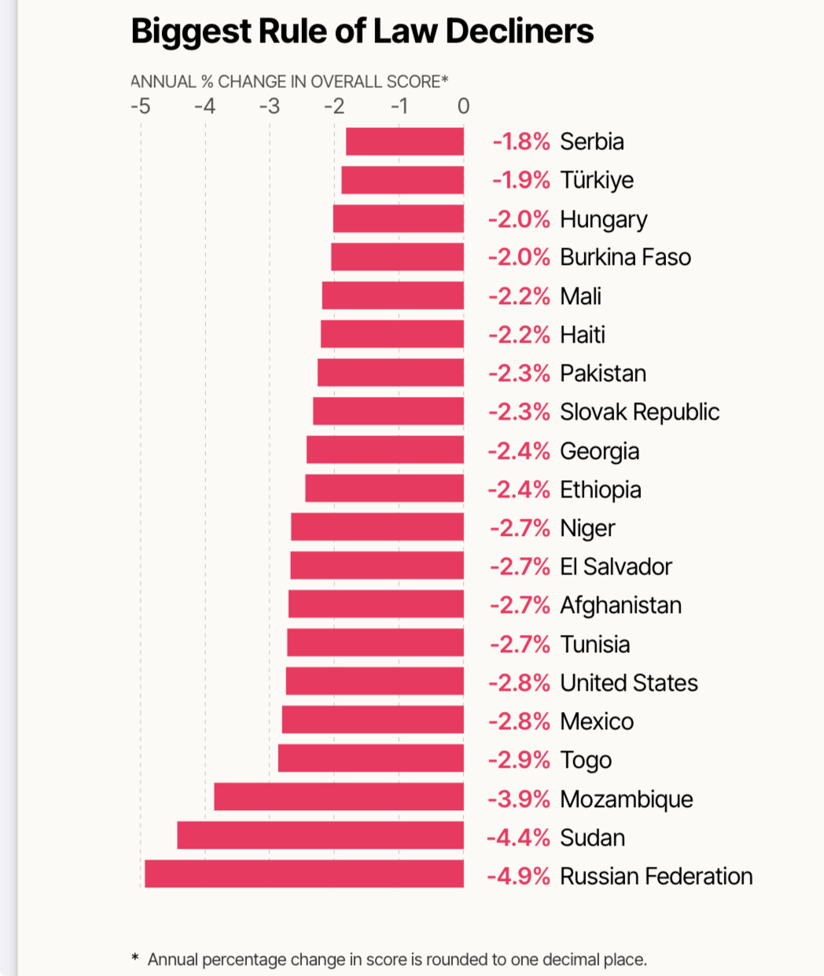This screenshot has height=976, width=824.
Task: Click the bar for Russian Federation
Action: [x=304, y=874]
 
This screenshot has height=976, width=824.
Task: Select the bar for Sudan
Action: [x=320, y=835]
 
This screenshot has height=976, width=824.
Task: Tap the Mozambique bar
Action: [x=339, y=797]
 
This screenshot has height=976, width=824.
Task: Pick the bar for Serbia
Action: [x=405, y=141]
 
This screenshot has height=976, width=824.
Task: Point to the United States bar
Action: [x=374, y=681]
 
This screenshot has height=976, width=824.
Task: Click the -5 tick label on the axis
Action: [x=140, y=106]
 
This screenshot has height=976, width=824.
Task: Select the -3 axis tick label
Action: [x=270, y=106]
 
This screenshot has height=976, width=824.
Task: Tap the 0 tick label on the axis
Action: [x=463, y=106]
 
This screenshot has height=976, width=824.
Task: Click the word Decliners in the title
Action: [x=520, y=32]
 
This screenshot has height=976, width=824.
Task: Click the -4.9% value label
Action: [x=518, y=876]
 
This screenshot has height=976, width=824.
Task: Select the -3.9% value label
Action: [x=519, y=799]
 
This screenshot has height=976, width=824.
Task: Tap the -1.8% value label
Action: [x=521, y=141]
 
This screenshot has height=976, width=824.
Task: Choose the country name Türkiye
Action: [x=597, y=180]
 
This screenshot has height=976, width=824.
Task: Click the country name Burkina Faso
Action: [x=625, y=257]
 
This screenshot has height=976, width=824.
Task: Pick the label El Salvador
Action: [x=616, y=567]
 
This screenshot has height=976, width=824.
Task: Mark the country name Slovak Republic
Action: [x=639, y=412]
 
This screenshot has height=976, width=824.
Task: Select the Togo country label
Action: [x=586, y=760]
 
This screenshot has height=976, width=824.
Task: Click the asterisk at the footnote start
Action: [x=135, y=958]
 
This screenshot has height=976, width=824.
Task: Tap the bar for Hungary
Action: [x=398, y=218]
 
